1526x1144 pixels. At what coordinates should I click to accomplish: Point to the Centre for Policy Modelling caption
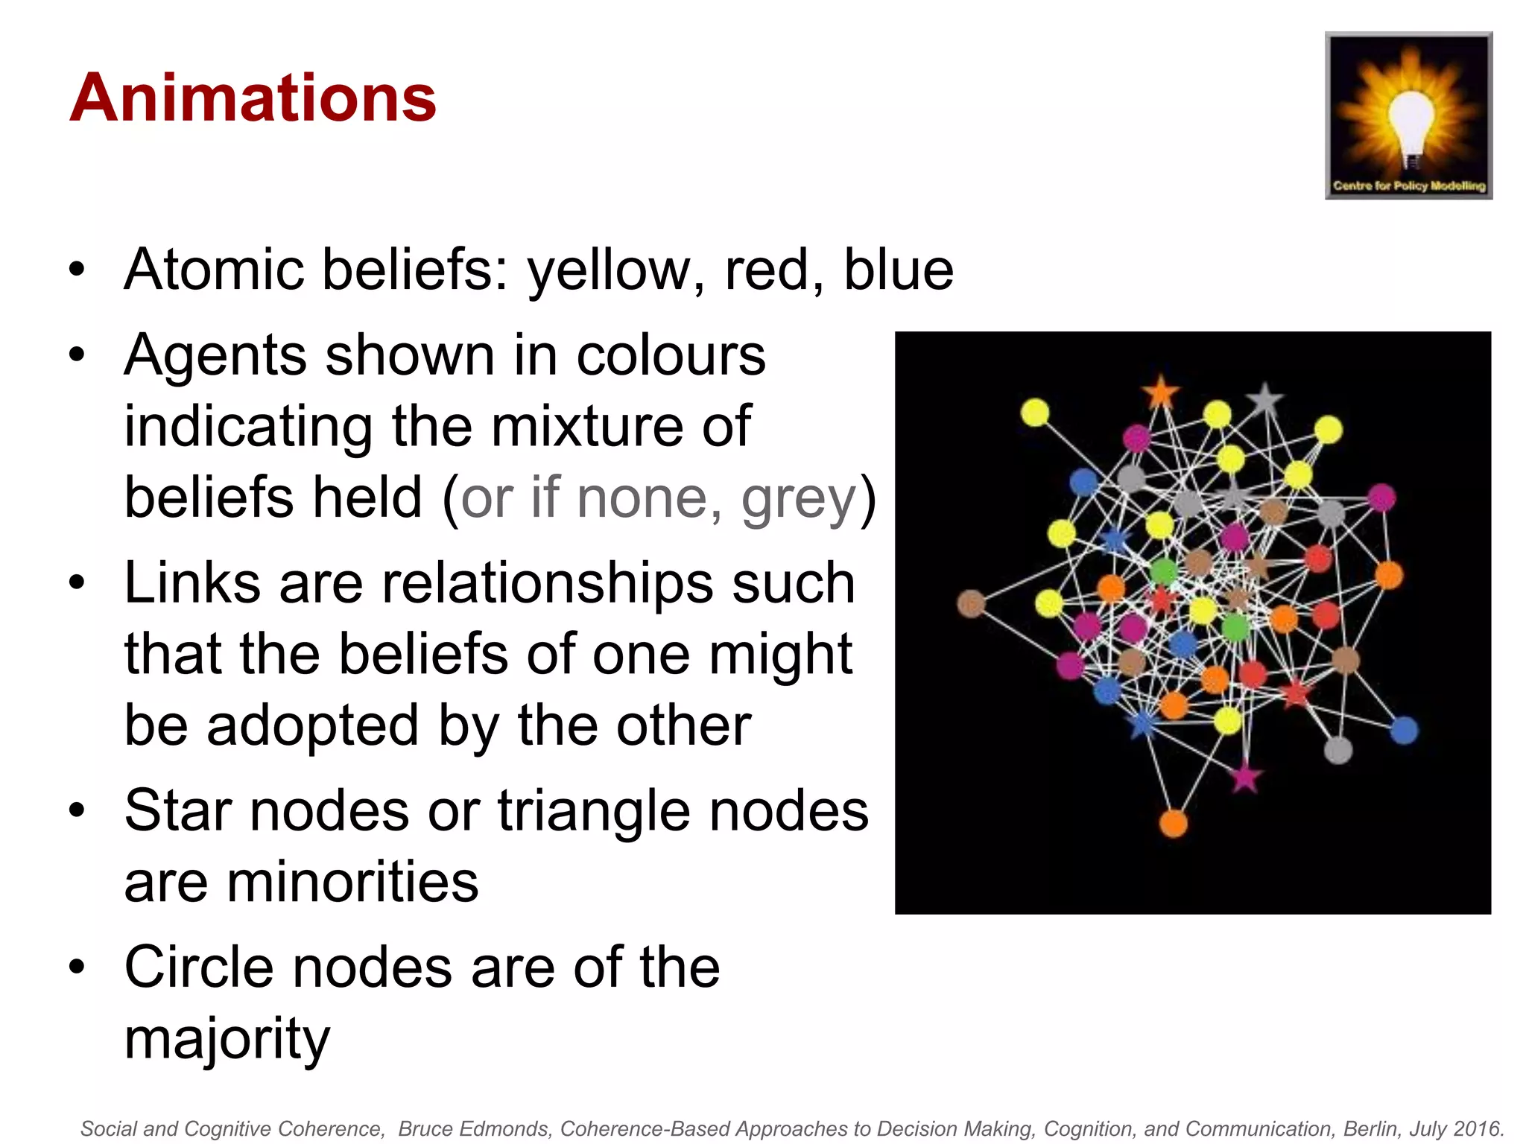[1408, 185]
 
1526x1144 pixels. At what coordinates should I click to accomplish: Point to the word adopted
[312, 725]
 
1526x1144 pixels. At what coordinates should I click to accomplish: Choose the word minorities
[301, 883]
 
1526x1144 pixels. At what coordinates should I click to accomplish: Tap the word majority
[227, 1039]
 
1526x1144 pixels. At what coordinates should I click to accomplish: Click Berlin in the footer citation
[1371, 1129]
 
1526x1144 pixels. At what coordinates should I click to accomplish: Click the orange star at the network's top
[1160, 393]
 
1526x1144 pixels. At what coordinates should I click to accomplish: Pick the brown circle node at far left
[971, 603]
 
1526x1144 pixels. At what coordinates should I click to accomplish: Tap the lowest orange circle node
[1174, 823]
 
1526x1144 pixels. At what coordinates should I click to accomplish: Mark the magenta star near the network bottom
[1245, 778]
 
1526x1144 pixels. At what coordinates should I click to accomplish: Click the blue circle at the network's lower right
[1404, 730]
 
